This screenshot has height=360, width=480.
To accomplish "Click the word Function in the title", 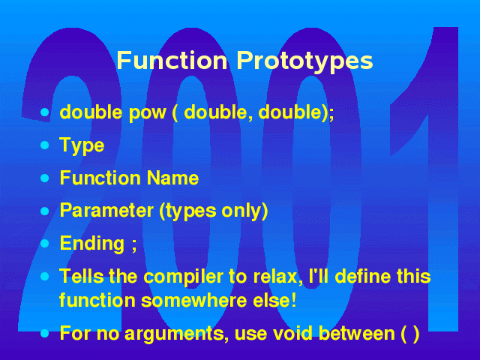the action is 172,60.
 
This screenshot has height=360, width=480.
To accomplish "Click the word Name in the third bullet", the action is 172,178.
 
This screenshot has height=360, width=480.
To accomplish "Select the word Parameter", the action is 106,211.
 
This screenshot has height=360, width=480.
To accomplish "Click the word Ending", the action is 92,244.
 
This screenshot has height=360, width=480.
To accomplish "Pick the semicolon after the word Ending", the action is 133,245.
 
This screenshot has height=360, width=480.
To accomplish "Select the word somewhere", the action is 193,301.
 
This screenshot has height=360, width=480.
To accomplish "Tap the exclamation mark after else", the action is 294,300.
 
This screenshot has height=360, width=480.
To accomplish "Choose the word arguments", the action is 174,334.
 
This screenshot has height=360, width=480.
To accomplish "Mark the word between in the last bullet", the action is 357,333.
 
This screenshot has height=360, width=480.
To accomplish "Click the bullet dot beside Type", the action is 45,145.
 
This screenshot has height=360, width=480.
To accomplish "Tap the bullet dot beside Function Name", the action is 45,178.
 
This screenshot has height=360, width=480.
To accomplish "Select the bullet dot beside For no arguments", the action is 45,333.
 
